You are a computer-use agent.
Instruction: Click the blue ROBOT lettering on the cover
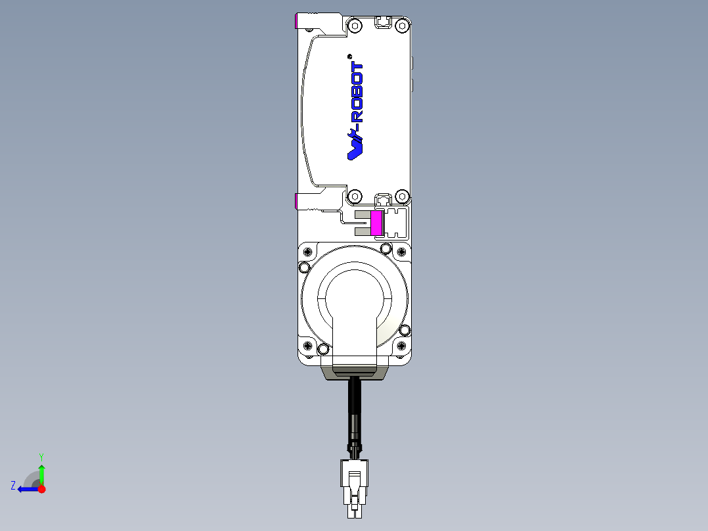click(357, 93)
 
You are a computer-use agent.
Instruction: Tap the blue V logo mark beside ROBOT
click(355, 146)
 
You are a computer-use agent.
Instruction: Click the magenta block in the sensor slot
click(377, 223)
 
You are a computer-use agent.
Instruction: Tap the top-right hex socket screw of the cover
click(403, 26)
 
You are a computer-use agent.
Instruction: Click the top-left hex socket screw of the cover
click(355, 26)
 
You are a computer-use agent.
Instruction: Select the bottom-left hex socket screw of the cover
click(355, 196)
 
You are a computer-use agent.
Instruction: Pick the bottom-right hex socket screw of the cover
click(403, 196)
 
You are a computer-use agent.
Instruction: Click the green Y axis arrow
click(41, 473)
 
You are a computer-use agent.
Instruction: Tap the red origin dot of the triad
click(42, 489)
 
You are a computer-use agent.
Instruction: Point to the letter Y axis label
click(41, 455)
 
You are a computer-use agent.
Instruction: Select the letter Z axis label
click(13, 486)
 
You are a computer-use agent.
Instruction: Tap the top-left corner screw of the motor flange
click(304, 267)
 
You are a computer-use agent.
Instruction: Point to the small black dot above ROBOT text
click(350, 56)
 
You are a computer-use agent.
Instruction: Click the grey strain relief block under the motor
click(355, 373)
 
